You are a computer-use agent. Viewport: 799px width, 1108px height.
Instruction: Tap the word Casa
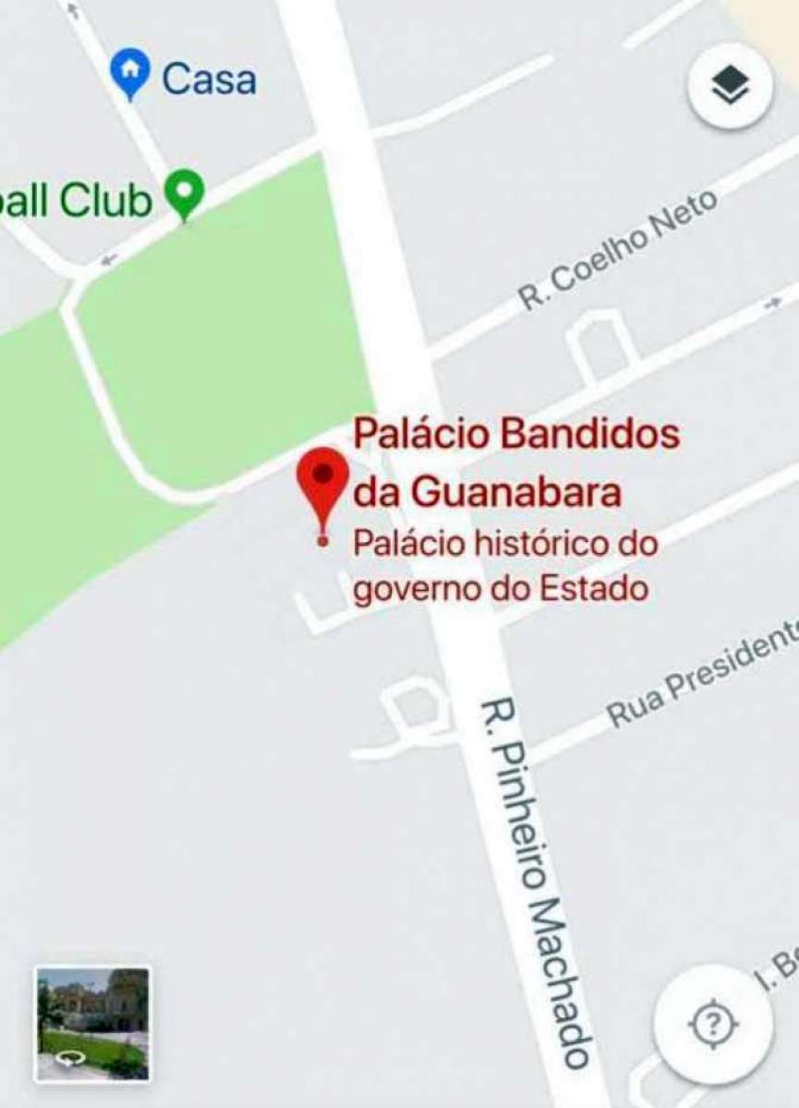[209, 78]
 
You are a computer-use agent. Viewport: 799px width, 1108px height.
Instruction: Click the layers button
[730, 88]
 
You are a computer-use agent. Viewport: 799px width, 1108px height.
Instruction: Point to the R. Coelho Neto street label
[617, 250]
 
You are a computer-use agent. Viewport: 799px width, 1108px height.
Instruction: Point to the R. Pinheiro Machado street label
[534, 882]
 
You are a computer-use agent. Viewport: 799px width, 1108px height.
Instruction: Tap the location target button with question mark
[713, 1024]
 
